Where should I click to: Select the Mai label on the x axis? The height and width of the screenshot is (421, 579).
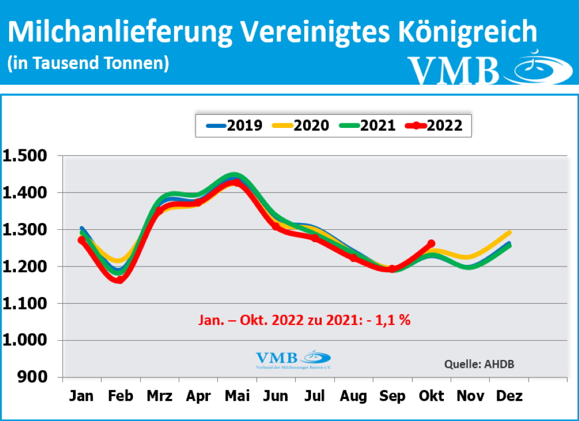click(x=237, y=396)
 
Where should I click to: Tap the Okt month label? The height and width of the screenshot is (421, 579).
click(x=431, y=396)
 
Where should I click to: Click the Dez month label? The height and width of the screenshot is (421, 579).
click(x=509, y=396)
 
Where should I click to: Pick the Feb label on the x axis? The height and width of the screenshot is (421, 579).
click(x=120, y=396)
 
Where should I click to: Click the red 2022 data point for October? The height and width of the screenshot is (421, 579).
click(x=431, y=243)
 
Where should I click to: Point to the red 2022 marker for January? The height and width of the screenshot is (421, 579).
click(x=81, y=240)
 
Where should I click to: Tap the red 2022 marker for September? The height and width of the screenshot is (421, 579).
click(x=391, y=269)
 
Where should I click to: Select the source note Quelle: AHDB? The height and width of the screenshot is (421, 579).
click(x=479, y=364)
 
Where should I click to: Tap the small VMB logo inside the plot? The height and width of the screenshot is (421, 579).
click(x=293, y=360)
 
